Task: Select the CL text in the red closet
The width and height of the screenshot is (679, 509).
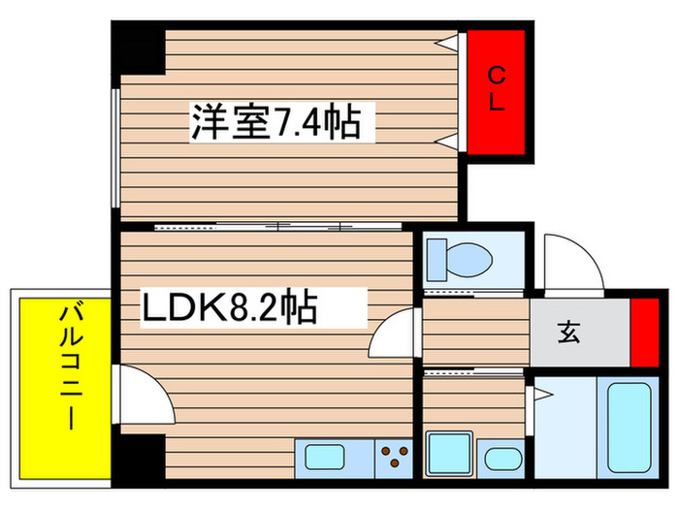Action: (x=496, y=89)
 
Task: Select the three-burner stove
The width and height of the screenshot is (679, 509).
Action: (x=394, y=456)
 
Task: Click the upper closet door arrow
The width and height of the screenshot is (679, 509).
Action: (x=448, y=43)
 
